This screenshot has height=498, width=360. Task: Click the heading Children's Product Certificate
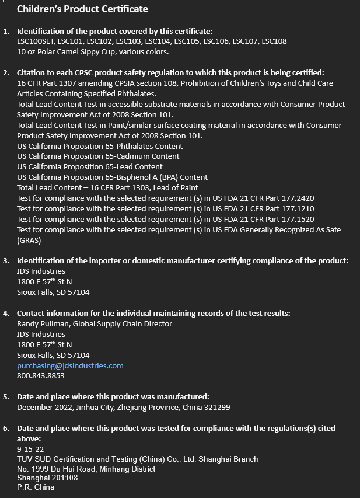(82, 9)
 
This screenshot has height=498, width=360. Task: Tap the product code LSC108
(274, 41)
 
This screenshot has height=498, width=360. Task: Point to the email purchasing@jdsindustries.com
(70, 365)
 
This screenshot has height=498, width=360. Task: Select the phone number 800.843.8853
(40, 376)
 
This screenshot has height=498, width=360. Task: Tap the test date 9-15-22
(30, 449)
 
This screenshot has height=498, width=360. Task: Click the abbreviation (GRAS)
(29, 240)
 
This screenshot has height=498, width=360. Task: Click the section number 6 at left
(6, 428)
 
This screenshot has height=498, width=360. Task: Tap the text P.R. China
(36, 487)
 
